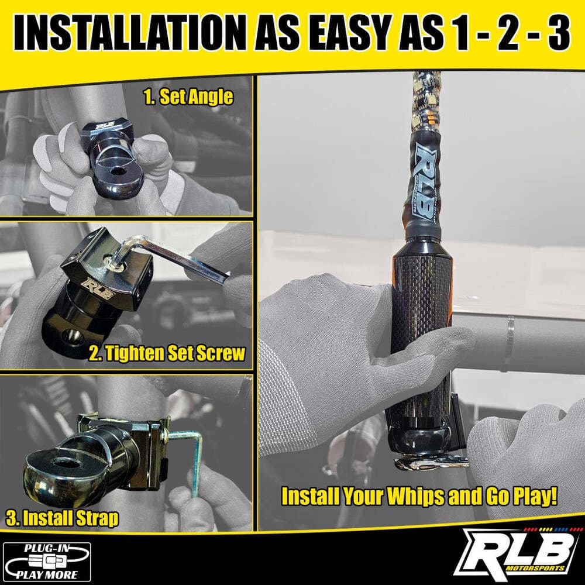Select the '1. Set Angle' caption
(188, 97)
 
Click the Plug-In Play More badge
(47, 560)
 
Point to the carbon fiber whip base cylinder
(421, 304)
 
